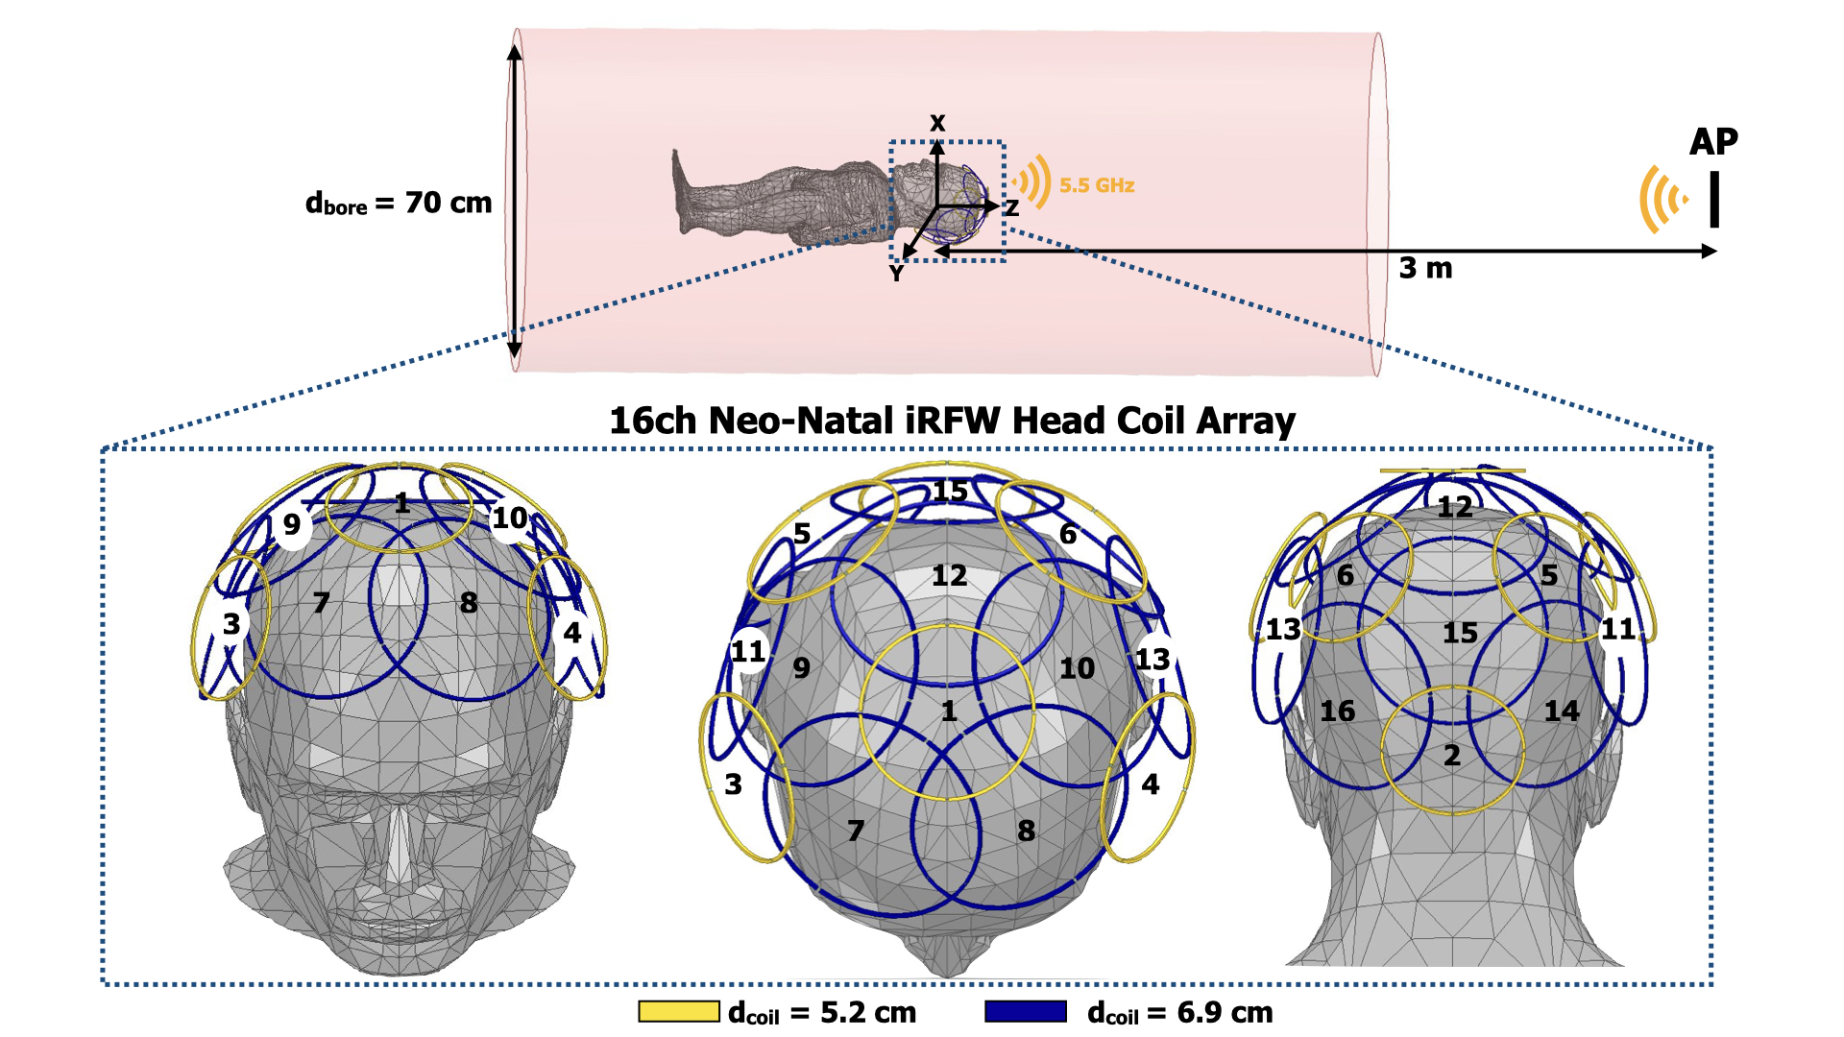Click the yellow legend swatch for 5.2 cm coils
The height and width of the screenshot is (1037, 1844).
pos(679,1011)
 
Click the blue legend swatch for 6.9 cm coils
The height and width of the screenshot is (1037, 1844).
pos(1026,1011)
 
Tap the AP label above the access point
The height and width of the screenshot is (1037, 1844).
pos(1713,142)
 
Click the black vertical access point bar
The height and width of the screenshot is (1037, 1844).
pos(1714,200)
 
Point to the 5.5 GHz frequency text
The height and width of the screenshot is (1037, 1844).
pos(1097,185)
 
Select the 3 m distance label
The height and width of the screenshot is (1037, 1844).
pos(1425,268)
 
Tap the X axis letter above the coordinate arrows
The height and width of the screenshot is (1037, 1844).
pos(937,123)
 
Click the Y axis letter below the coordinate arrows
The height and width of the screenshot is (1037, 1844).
pos(896,274)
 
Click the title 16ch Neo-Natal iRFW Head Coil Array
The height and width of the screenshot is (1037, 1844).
pos(952,421)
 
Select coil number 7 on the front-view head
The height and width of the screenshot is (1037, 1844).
pos(321,603)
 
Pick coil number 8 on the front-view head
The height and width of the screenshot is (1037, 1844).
pos(469,603)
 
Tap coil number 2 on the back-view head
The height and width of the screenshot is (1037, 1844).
pos(1452,756)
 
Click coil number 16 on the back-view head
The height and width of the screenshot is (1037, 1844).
pos(1337,711)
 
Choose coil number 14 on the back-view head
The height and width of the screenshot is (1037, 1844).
pos(1562,711)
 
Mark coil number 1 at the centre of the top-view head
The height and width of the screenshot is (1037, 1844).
pos(949,711)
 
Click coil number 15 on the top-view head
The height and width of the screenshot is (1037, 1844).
pos(950,492)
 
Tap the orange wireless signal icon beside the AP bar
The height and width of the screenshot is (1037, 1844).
pos(1662,200)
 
